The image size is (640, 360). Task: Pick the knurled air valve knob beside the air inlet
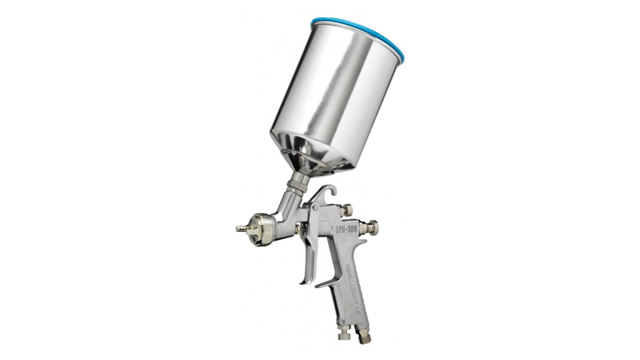[344, 334]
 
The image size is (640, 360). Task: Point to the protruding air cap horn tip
[240, 228]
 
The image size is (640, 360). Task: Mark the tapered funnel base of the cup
[312, 159]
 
